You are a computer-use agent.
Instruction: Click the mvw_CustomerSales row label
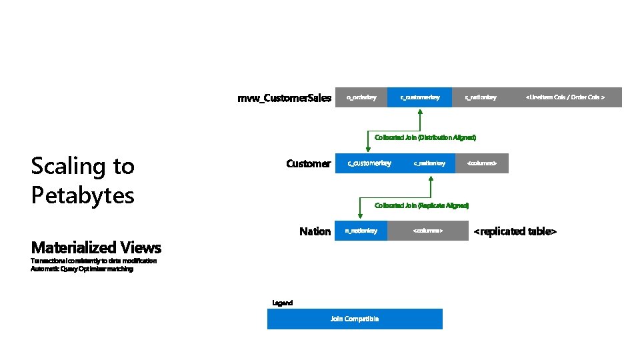click(284, 98)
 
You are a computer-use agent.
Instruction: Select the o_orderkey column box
click(361, 97)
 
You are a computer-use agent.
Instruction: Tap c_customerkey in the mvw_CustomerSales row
click(419, 97)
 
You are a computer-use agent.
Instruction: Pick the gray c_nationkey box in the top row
click(481, 97)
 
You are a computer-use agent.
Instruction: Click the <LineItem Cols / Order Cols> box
click(565, 97)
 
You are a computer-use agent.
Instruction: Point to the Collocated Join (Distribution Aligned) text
click(425, 137)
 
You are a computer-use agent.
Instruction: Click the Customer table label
click(308, 163)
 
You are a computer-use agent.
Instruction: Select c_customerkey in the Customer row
click(369, 163)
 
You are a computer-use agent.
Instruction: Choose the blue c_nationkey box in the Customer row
click(429, 163)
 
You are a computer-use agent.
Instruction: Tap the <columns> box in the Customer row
click(481, 163)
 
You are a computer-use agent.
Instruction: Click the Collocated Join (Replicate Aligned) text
click(422, 205)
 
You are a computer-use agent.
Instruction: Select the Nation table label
click(315, 231)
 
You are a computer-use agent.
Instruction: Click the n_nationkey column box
click(361, 231)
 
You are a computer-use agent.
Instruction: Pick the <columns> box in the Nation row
click(427, 231)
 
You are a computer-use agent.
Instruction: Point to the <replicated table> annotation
click(515, 231)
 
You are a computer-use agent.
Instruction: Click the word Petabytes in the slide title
click(83, 195)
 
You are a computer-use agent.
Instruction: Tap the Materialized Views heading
click(96, 248)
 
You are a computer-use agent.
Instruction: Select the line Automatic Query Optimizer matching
click(82, 269)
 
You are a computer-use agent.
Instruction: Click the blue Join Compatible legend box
click(355, 319)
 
